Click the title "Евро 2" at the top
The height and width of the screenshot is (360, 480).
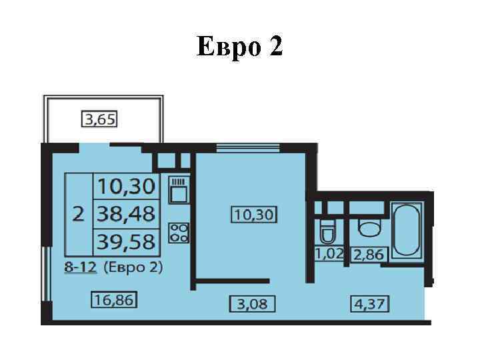click(239, 47)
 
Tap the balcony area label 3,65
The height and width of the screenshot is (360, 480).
click(99, 119)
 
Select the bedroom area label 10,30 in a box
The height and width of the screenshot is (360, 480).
click(254, 215)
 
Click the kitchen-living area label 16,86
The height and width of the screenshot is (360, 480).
click(114, 300)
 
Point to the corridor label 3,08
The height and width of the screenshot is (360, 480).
click(253, 304)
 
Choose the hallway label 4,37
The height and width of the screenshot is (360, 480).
click(370, 304)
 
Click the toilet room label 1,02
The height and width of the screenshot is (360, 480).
click(329, 254)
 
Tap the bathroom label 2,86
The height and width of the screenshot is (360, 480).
click(369, 255)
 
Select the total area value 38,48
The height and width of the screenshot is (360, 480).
click(126, 214)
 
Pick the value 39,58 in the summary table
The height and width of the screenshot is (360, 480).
click(126, 242)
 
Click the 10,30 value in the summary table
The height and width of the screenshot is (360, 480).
click(126, 186)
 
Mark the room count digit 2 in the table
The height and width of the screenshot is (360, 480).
click(79, 214)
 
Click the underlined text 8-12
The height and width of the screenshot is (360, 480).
click(80, 267)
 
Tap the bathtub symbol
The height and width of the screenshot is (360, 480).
click(407, 230)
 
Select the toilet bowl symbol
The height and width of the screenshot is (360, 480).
click(327, 232)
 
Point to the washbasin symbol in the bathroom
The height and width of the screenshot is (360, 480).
click(369, 227)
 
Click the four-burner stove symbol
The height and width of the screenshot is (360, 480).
click(179, 233)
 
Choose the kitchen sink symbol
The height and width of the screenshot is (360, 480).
click(179, 190)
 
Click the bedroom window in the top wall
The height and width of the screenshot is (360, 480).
click(248, 148)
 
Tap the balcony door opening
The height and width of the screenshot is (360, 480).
click(95, 148)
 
